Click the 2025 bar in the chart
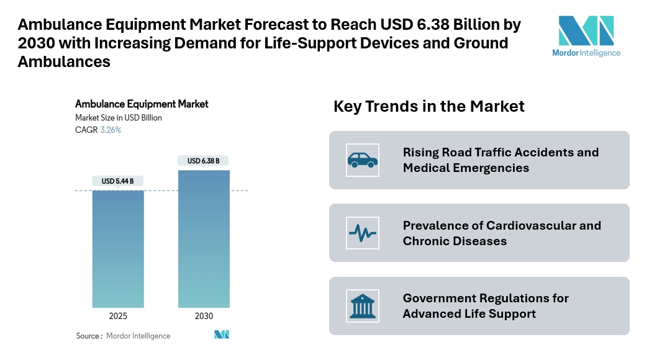coord(118,248)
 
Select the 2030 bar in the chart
coord(204,239)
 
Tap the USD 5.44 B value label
coord(118,181)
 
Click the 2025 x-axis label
coord(118,316)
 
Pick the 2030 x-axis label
coord(204,316)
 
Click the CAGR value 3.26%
coord(111,130)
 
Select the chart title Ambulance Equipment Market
coord(142,104)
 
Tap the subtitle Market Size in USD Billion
coord(119,118)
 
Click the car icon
coord(362,160)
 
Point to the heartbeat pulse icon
coord(362,233)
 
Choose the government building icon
coord(362,306)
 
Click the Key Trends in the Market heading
coord(429,106)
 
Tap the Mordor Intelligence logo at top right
coord(586,36)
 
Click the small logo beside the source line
coord(222,335)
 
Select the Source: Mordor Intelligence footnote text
coord(123,336)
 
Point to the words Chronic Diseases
coord(455,241)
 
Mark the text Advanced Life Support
coord(469,313)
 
